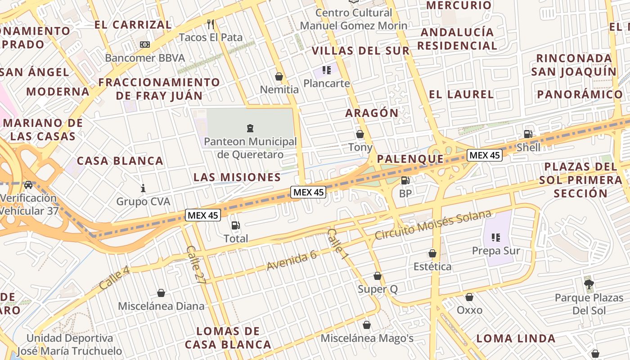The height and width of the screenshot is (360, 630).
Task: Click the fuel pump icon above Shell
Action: point(528,134)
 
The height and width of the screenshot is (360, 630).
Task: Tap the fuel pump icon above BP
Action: point(405,180)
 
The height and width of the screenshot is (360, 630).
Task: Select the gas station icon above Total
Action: point(236,225)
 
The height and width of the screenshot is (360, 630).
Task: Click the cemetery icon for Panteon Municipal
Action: point(250,128)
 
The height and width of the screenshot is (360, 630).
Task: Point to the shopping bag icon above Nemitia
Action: point(279,76)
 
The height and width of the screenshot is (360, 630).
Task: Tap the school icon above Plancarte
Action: point(327,70)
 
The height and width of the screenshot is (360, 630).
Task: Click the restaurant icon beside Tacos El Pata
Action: point(210,24)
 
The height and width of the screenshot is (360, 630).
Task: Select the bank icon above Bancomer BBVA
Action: point(144,45)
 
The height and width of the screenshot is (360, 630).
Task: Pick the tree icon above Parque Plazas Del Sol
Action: point(589,284)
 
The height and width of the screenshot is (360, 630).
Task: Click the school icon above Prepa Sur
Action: point(496,237)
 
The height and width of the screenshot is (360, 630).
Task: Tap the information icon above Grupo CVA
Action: point(143,188)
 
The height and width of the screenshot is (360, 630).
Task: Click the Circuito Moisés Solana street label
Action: point(433,225)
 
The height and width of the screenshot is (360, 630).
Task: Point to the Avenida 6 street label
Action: point(292,261)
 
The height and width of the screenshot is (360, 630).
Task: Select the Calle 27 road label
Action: point(195,265)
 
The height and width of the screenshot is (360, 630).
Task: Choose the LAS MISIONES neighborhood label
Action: point(237,177)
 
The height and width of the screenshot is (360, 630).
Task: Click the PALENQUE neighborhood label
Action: point(410,159)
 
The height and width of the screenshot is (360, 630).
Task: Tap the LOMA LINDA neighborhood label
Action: point(516,338)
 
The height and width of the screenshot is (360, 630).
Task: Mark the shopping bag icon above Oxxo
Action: point(469,297)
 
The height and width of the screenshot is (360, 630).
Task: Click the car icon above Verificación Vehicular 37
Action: point(28,185)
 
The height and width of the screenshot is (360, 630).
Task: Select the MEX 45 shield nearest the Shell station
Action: point(484,155)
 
